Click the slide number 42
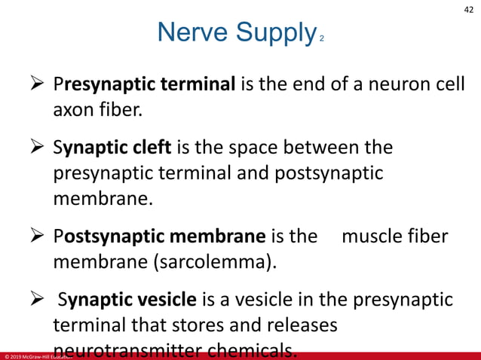[x=468, y=9]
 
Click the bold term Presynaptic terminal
[x=145, y=84]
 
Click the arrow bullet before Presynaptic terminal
[x=35, y=84]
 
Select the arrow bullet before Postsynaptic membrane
[x=35, y=236]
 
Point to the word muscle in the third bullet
[x=372, y=236]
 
